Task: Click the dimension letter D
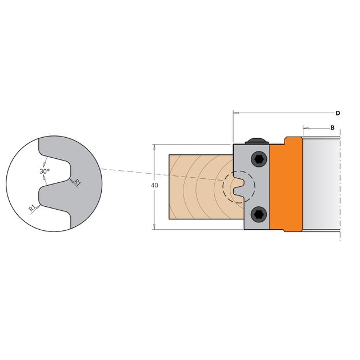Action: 338,113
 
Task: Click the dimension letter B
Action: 332,127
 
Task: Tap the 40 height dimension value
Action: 154,185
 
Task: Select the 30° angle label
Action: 45,171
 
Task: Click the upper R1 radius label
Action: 78,183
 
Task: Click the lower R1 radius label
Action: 33,208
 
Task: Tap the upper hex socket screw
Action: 259,159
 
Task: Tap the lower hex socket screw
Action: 259,214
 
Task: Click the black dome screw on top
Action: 257,141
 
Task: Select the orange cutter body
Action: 286,185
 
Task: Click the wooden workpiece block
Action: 202,187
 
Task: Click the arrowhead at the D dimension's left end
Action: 236,113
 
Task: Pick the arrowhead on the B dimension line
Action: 306,127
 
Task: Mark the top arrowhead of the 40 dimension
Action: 154,147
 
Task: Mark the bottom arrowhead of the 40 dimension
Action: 154,226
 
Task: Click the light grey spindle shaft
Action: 321,185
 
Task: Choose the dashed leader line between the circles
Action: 162,175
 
